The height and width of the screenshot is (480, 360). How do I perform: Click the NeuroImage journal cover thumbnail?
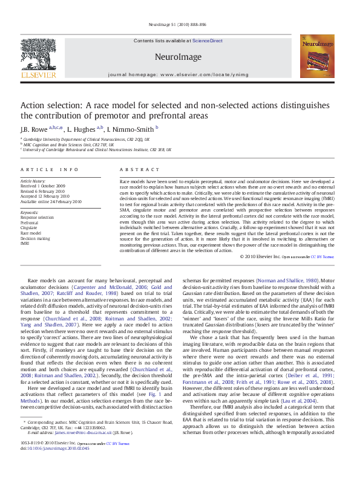(317, 56)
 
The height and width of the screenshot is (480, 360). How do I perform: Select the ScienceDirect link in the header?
(208, 41)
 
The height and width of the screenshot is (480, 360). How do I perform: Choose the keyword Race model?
(31, 232)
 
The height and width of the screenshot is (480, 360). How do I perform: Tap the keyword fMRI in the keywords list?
(25, 242)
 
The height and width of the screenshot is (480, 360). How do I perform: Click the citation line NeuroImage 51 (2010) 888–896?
(180, 25)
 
